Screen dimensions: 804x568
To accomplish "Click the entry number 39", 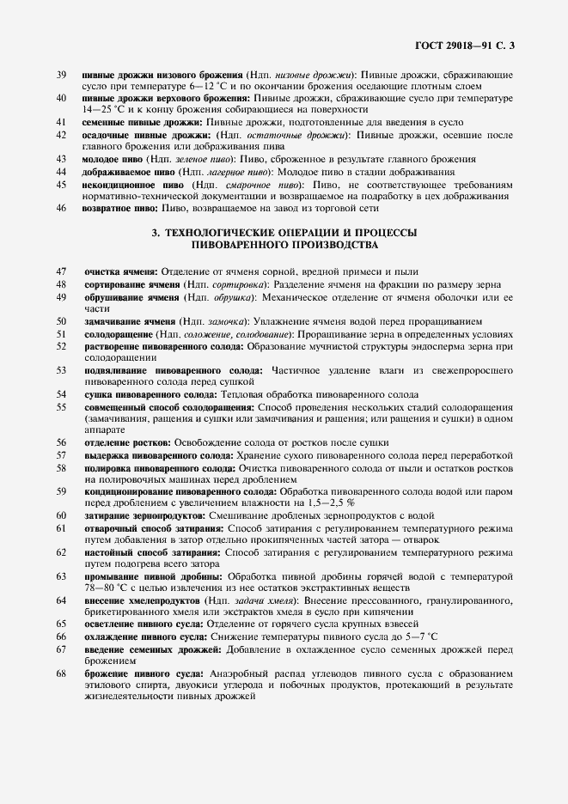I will [x=60, y=75].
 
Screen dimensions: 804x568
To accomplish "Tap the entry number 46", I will [x=60, y=208].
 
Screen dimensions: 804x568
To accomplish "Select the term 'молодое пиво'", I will [x=113, y=159].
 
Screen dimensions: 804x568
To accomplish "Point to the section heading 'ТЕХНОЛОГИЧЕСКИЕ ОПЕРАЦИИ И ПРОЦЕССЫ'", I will [x=284, y=233].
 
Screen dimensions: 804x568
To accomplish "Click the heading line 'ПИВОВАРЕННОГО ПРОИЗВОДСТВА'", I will [x=284, y=245].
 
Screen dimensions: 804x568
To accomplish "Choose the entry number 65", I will [x=60, y=623].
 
